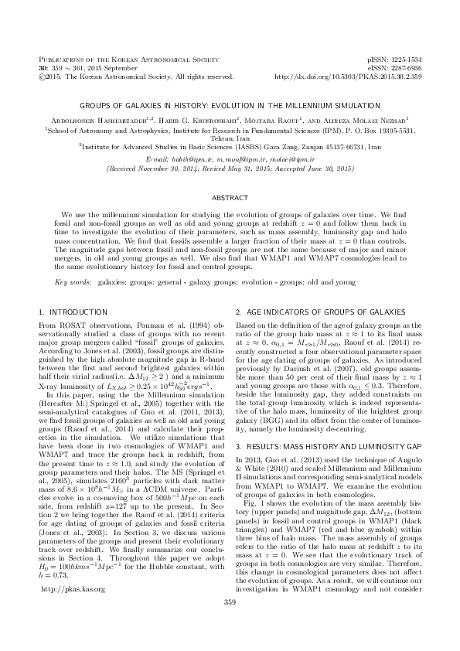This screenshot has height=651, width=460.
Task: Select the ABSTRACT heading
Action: coord(230,199)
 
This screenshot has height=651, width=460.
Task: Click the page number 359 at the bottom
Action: coord(229,623)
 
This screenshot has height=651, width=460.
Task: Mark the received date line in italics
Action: coord(230,167)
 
